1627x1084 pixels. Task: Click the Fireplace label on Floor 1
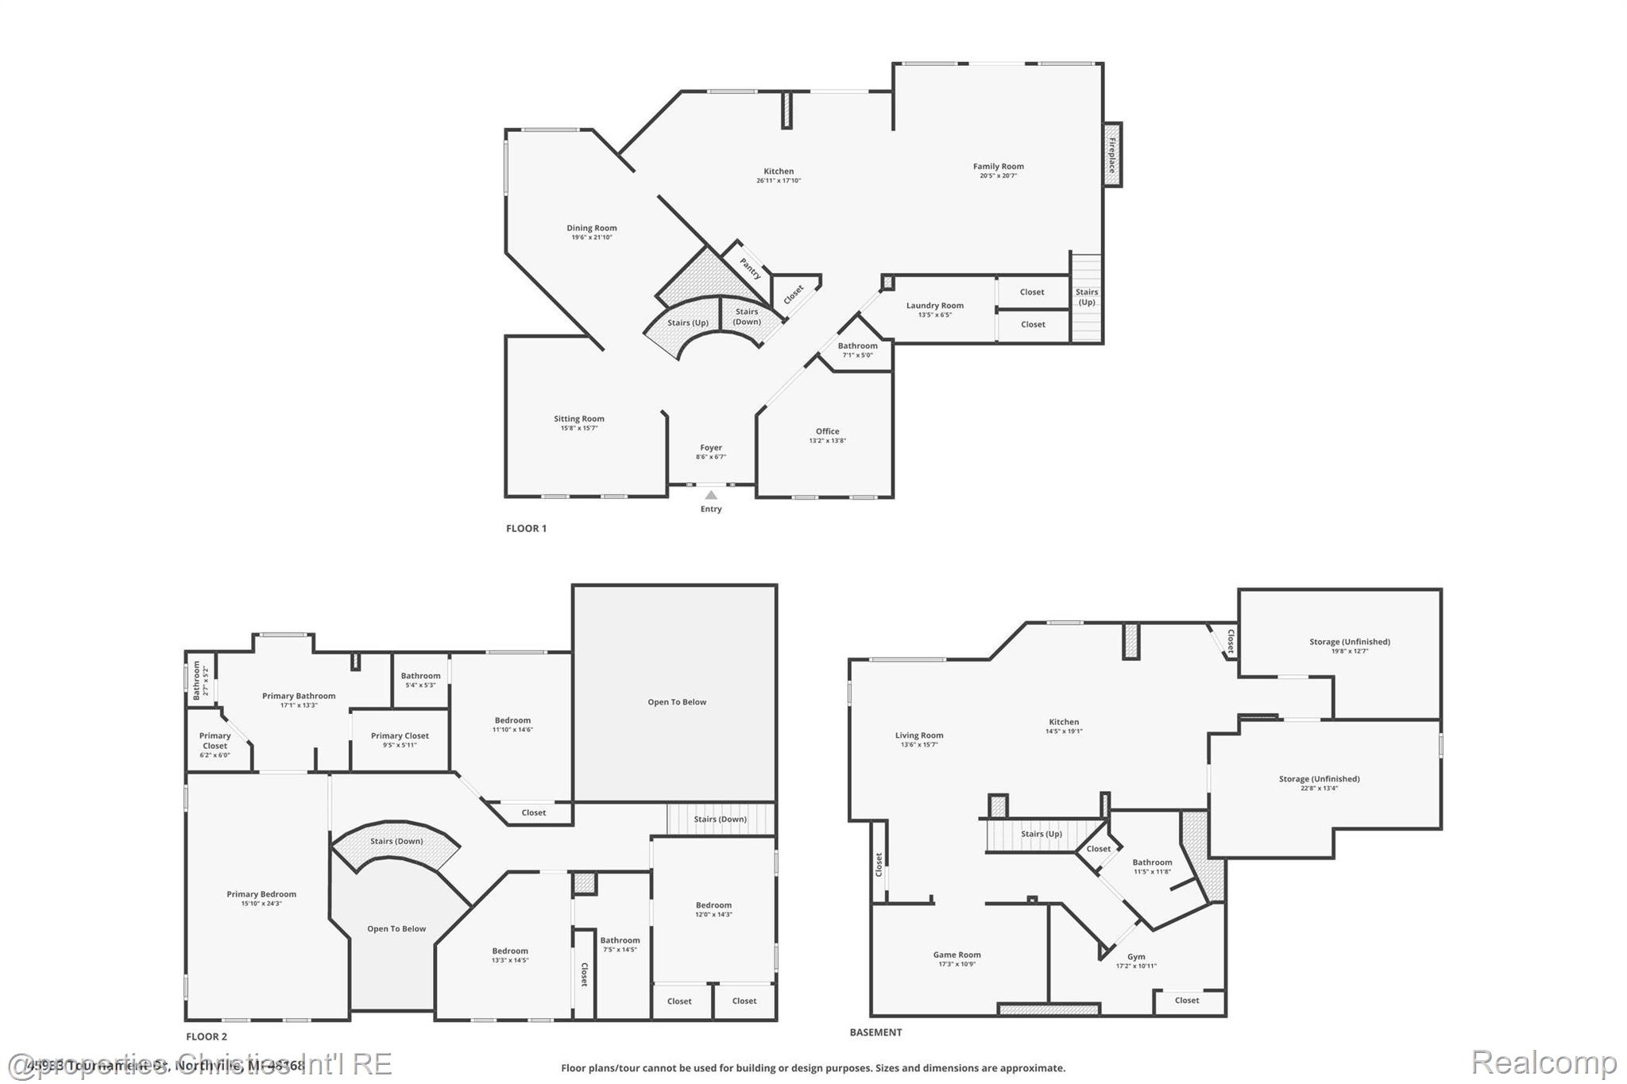[x=1112, y=155]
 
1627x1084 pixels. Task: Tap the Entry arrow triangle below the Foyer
[x=711, y=495]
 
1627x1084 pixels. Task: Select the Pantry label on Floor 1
[x=750, y=268]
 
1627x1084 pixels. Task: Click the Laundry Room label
[x=935, y=305]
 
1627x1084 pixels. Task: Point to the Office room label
[x=827, y=431]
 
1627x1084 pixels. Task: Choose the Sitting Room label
[x=579, y=419]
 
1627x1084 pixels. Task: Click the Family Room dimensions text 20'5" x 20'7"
[x=998, y=176]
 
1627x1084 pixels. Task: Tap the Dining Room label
[x=592, y=228]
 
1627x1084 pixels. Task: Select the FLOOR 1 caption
[x=526, y=528]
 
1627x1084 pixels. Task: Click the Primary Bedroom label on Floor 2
[x=261, y=894]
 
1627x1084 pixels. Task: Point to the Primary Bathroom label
[x=299, y=696]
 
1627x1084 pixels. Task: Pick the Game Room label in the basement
[x=956, y=955]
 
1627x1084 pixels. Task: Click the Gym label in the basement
[x=1136, y=957]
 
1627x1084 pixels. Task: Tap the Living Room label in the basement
[x=919, y=735]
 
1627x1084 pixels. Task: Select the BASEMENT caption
[x=875, y=1032]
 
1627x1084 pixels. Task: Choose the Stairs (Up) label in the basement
[x=1041, y=834]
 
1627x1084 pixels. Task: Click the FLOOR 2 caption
[x=207, y=1036]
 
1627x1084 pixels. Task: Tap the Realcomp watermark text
[x=1544, y=1062]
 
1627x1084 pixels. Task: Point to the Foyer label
[x=711, y=447]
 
